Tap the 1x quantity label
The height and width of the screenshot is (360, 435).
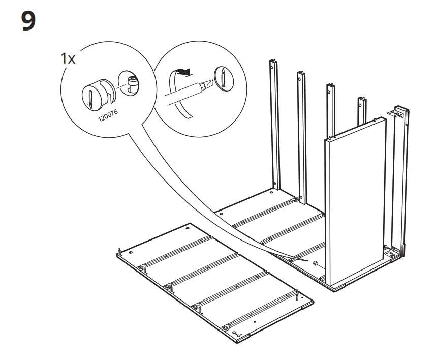click(68, 58)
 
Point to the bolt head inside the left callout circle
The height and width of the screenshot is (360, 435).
click(132, 82)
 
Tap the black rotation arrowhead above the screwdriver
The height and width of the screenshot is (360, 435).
click(188, 73)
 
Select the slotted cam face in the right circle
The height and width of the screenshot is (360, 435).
click(222, 79)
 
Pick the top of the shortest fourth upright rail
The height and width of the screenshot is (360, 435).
click(361, 99)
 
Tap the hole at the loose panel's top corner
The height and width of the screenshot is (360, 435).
click(189, 231)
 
